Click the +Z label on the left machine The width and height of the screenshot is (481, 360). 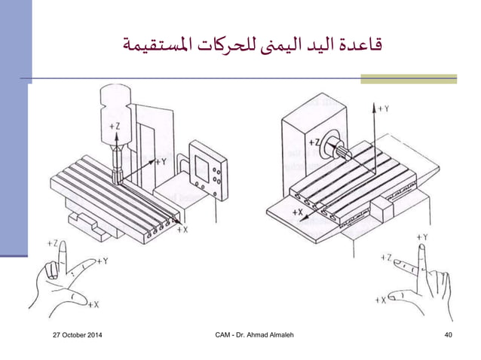(x=115, y=127)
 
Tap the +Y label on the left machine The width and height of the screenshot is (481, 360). (x=160, y=161)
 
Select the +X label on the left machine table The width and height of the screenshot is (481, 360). (x=182, y=230)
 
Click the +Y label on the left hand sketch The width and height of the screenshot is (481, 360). (x=105, y=261)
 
